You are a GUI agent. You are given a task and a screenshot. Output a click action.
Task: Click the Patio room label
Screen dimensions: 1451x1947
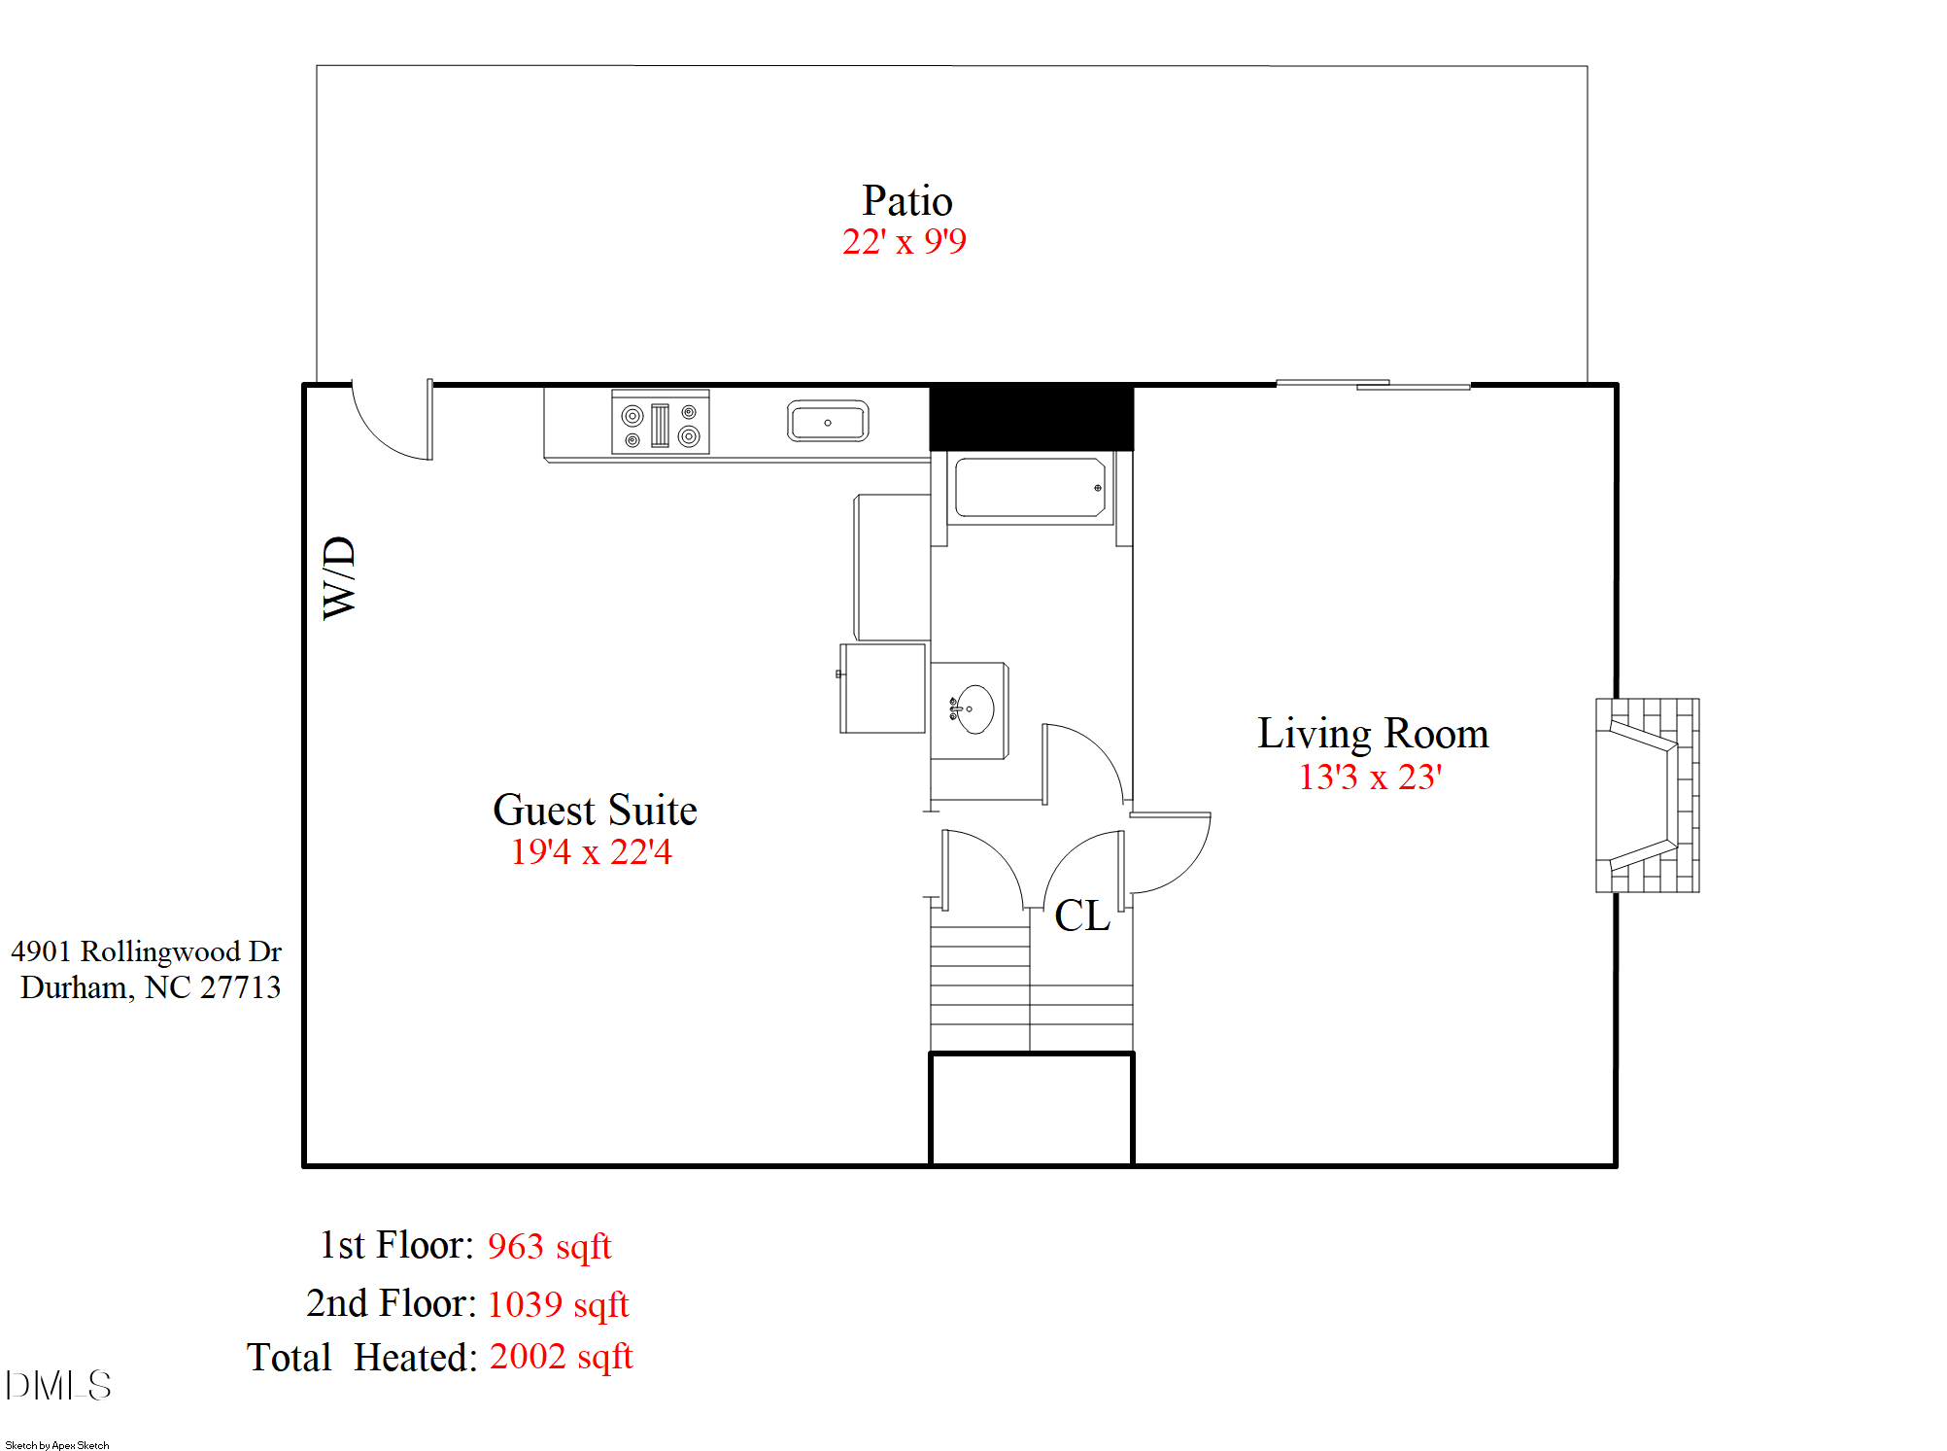click(x=906, y=201)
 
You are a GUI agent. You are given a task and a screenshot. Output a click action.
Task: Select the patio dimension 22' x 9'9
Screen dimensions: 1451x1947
click(x=904, y=242)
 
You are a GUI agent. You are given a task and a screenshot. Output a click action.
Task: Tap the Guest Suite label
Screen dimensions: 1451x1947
click(x=595, y=810)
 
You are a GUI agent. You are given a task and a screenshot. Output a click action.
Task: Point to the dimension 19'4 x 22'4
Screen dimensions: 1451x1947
click(x=592, y=852)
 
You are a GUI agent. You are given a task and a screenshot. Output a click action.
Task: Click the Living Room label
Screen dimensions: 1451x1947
click(x=1372, y=734)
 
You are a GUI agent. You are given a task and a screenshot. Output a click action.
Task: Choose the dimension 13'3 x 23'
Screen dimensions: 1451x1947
click(x=1370, y=777)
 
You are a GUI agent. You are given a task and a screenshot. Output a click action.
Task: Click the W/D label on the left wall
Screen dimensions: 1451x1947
click(x=339, y=577)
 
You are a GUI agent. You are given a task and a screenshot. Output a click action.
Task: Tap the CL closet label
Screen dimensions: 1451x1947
click(x=1081, y=916)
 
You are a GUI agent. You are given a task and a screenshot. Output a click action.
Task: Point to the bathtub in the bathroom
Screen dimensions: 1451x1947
click(x=1030, y=488)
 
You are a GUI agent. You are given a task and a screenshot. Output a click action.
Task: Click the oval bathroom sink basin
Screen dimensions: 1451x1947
click(x=973, y=708)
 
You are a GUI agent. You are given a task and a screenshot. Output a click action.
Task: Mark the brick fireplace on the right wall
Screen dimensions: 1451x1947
click(x=1647, y=795)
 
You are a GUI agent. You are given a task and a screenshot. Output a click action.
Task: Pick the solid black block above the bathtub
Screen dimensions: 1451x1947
click(x=1031, y=417)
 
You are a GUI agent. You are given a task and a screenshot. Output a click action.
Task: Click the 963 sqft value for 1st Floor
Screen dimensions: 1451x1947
click(x=549, y=1247)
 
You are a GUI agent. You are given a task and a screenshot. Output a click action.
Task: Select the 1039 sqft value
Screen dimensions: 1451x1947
click(x=558, y=1304)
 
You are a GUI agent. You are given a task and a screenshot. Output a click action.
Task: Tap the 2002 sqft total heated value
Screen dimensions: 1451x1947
click(x=561, y=1357)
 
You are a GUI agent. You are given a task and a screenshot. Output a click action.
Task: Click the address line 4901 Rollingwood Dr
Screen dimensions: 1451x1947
click(x=146, y=951)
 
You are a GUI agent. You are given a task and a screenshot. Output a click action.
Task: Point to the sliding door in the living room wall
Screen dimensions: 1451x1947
click(x=1372, y=385)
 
